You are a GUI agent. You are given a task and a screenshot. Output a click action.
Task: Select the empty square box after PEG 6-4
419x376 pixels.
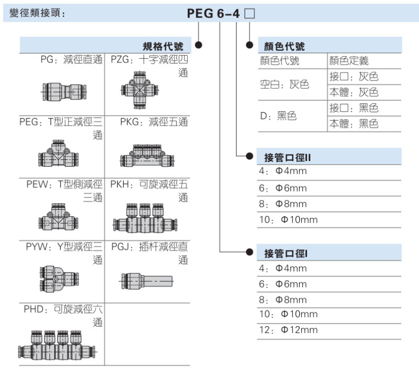pyautogui.click(x=250, y=14)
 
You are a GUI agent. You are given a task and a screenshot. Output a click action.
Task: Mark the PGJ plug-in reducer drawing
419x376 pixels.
pyautogui.click(x=147, y=279)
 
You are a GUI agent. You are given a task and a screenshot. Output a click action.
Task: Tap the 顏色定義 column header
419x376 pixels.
pyautogui.click(x=352, y=61)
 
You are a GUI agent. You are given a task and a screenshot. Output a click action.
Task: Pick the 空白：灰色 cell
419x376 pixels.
pyautogui.click(x=285, y=85)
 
